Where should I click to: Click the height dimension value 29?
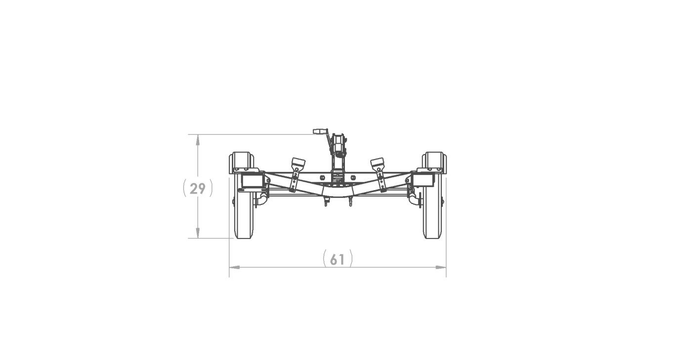tap(197, 189)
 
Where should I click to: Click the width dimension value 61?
tap(337, 260)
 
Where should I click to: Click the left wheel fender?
tap(241, 162)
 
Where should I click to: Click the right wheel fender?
tap(434, 162)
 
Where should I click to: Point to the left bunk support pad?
tap(298, 163)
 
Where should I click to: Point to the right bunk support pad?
tap(377, 163)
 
